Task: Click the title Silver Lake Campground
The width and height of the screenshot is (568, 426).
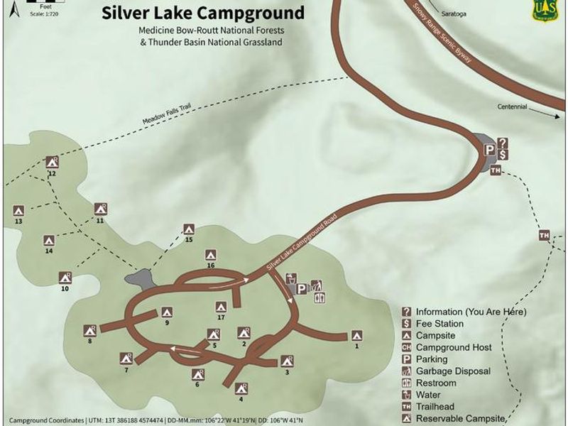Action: coord(203,13)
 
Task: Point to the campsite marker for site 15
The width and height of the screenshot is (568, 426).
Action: coord(189,229)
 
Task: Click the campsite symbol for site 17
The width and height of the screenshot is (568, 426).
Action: coord(221,307)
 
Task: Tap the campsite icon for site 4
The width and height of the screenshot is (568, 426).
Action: coord(241,388)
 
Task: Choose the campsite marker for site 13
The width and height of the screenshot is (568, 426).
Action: coord(19,211)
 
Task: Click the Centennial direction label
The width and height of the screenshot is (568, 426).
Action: coord(513,108)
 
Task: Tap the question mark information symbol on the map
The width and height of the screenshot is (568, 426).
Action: coord(503,143)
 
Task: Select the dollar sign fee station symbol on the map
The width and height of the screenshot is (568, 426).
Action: coord(503,154)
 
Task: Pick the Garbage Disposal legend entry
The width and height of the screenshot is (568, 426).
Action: coord(453,371)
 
